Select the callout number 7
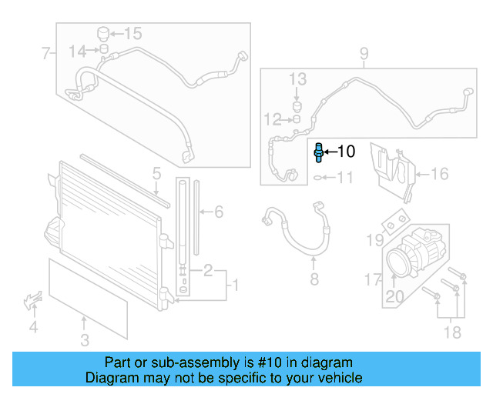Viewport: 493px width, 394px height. tap(45, 53)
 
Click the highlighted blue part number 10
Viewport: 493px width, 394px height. tap(318, 152)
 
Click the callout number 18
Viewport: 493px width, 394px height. tap(452, 332)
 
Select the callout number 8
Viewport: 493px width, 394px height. tap(314, 279)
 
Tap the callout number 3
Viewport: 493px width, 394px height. tap(85, 339)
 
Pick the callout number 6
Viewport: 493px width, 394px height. tap(218, 211)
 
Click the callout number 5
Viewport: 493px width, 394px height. tap(156, 173)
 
